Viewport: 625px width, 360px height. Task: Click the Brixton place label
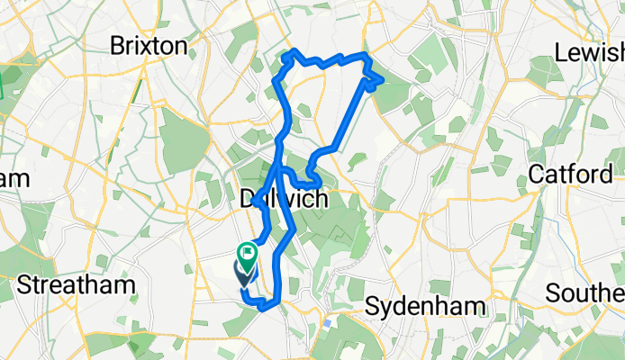pyautogui.click(x=149, y=46)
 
